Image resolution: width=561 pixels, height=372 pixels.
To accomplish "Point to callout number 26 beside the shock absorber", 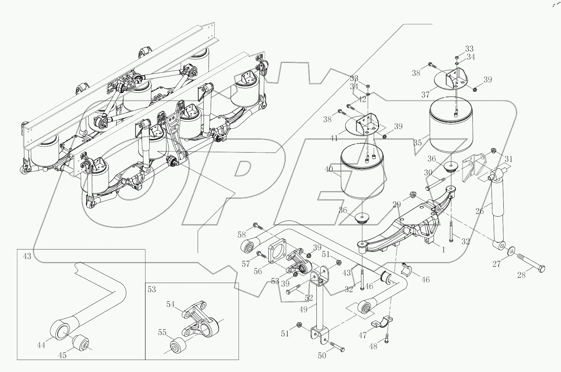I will click(x=479, y=211).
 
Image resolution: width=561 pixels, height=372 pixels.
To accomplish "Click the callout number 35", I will click(x=418, y=143).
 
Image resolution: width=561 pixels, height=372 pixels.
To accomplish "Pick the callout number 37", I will click(x=425, y=94).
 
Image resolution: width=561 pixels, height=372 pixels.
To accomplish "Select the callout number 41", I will click(x=334, y=138).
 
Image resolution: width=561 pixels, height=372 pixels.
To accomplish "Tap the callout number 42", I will click(x=362, y=99).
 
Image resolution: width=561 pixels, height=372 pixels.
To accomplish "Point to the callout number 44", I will click(x=41, y=345).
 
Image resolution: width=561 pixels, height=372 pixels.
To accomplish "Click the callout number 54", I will click(x=171, y=304).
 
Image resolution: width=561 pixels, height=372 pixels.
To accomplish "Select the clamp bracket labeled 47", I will click(x=381, y=321).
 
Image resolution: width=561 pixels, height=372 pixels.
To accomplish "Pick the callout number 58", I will click(x=242, y=234).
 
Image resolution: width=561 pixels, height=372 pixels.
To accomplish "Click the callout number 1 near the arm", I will click(x=443, y=250).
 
